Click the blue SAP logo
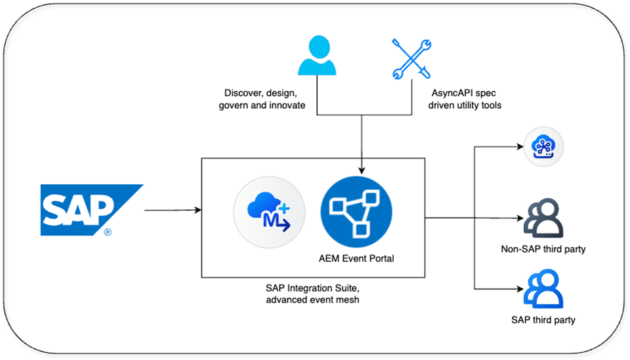point(92,210)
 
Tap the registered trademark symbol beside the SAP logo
point(108,232)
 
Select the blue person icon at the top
point(317,55)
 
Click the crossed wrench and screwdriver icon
point(411,59)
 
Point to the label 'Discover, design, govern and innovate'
point(262,99)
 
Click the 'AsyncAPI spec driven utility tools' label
point(465,99)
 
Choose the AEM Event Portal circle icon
point(356,212)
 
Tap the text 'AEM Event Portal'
point(356,258)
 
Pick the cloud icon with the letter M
point(269,212)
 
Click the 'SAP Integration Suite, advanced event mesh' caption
point(312,294)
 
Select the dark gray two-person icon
point(543,218)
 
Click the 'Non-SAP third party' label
point(543,249)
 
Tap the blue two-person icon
point(543,289)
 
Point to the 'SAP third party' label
point(543,320)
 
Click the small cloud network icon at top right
point(543,146)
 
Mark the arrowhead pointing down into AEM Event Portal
point(362,170)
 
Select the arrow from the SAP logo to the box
point(173,210)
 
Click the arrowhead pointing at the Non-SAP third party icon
point(520,218)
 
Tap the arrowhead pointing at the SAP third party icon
point(520,289)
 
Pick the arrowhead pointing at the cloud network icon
point(520,146)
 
